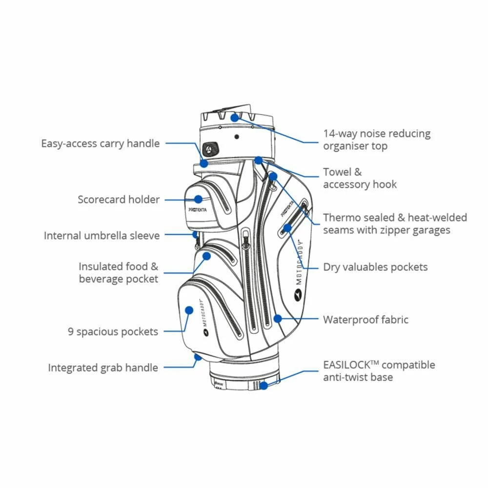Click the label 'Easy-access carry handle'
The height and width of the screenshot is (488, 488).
click(x=100, y=143)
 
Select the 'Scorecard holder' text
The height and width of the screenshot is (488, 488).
click(x=119, y=200)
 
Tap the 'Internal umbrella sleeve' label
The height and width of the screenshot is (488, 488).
click(x=102, y=236)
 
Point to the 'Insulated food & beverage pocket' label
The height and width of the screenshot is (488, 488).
click(x=119, y=273)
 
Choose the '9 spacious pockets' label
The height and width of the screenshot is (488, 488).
click(x=113, y=332)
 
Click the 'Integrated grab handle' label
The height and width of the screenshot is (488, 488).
click(x=102, y=367)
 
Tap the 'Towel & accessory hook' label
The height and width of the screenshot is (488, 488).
click(x=360, y=178)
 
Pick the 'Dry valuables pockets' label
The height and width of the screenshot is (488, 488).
click(x=375, y=267)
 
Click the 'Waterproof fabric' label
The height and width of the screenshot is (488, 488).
click(x=366, y=320)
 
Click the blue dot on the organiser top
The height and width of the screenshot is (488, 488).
click(x=235, y=117)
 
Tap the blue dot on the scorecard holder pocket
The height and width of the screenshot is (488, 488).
click(x=198, y=199)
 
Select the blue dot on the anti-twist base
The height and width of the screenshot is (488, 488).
click(x=264, y=386)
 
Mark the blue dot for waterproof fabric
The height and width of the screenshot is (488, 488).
click(x=277, y=319)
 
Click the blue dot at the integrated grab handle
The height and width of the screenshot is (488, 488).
click(x=198, y=357)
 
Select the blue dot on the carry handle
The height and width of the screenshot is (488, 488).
click(x=204, y=163)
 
